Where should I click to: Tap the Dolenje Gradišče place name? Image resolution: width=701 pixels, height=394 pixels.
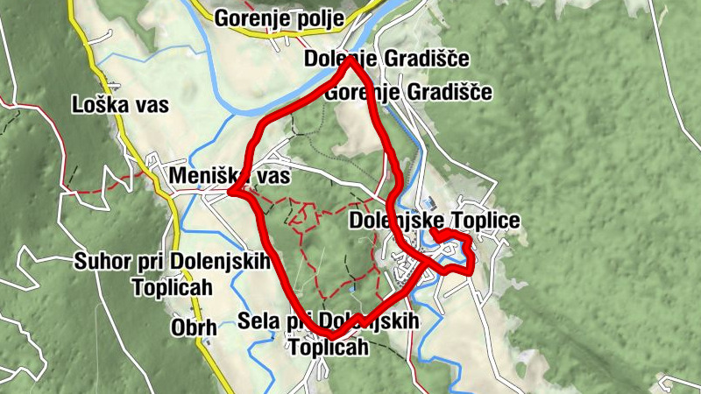tap(386, 60)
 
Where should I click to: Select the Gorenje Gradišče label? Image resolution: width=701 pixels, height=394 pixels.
tap(408, 92)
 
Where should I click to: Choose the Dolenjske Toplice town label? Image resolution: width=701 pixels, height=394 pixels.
tap(434, 220)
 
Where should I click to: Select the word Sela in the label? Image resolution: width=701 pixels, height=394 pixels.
tap(257, 321)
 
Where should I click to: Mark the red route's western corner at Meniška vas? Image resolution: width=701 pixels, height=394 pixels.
tap(230, 191)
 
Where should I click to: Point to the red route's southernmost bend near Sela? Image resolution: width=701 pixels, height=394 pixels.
tap(332, 335)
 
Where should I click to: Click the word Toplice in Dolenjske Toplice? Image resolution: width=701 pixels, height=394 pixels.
tap(485, 220)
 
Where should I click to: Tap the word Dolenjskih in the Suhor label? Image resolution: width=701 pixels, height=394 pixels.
tap(222, 260)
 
